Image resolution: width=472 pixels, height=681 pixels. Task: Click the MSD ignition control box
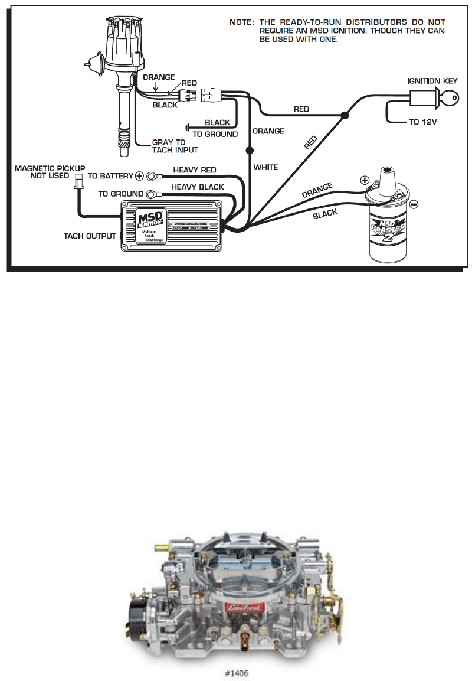[171, 225]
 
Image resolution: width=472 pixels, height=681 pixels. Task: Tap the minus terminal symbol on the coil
[414, 204]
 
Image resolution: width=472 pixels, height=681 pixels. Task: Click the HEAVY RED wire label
[194, 170]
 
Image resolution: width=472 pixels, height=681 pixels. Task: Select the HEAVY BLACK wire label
[197, 187]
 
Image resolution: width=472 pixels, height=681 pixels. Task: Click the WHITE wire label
[265, 168]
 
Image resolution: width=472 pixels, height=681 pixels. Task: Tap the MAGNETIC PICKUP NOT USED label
[50, 172]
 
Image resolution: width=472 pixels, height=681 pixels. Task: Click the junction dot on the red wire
[345, 117]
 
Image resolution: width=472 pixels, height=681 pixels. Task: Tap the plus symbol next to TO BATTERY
[140, 175]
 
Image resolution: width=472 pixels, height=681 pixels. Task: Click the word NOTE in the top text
[241, 22]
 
